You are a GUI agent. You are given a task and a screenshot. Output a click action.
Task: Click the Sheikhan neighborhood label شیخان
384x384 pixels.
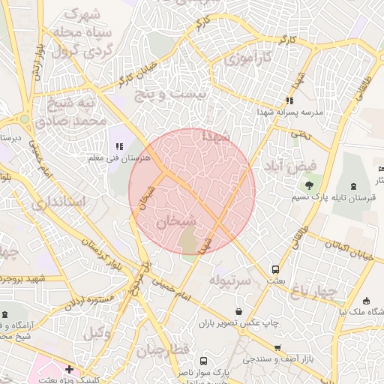177,221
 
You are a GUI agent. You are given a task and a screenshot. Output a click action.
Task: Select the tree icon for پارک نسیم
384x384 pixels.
308,184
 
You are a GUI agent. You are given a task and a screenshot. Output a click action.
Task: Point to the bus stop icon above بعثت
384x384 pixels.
275,268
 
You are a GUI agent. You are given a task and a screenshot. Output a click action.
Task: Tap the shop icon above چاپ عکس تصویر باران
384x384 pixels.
239,310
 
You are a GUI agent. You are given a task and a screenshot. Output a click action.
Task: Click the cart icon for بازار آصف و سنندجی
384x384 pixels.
278,348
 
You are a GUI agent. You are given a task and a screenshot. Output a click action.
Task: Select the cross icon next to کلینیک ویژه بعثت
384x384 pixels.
70,369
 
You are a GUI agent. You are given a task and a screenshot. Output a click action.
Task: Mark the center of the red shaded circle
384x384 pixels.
192,191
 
